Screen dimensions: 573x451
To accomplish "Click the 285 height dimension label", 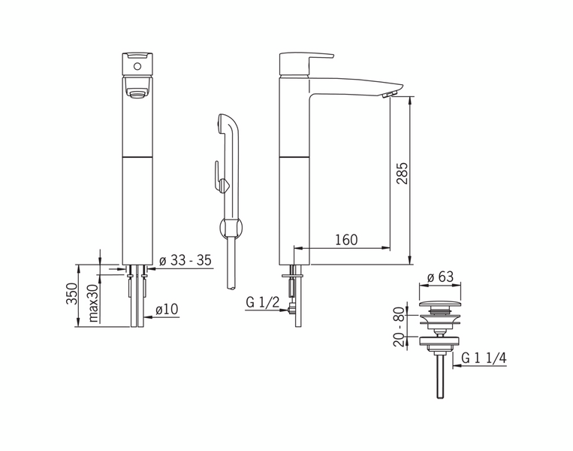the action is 403,173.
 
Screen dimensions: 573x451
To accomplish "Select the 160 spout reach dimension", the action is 346,240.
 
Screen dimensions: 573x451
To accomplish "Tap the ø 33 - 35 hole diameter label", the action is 185,260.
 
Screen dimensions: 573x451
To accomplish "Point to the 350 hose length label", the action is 71,293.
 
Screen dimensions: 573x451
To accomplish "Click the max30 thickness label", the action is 94,303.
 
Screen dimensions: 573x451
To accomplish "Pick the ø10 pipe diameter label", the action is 167,310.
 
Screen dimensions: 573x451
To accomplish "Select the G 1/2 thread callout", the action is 263,302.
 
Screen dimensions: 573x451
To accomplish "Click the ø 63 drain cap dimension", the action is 440,277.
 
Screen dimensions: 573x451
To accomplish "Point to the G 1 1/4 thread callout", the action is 484,358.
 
